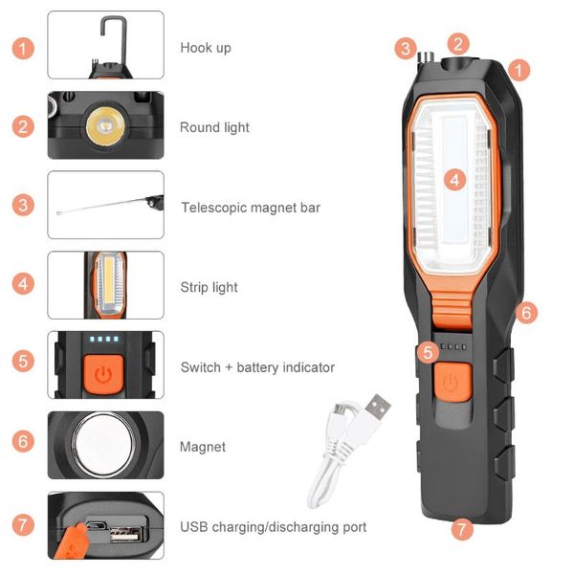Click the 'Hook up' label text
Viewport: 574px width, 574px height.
(206, 48)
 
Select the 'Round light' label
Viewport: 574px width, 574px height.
(214, 127)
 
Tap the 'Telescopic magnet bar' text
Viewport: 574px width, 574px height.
(250, 208)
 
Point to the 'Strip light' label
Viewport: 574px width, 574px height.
(209, 287)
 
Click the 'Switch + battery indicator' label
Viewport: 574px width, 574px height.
(257, 367)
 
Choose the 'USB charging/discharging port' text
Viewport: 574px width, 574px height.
(273, 527)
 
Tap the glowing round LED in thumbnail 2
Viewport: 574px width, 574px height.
(103, 124)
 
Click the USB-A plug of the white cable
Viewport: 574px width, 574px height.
(375, 407)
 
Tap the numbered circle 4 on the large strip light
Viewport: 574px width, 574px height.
(454, 179)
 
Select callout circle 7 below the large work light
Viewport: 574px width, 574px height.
(463, 527)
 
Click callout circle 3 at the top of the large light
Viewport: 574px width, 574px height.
(407, 48)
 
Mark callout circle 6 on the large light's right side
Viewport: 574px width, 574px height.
(529, 312)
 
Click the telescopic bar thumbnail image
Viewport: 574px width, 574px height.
(105, 205)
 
